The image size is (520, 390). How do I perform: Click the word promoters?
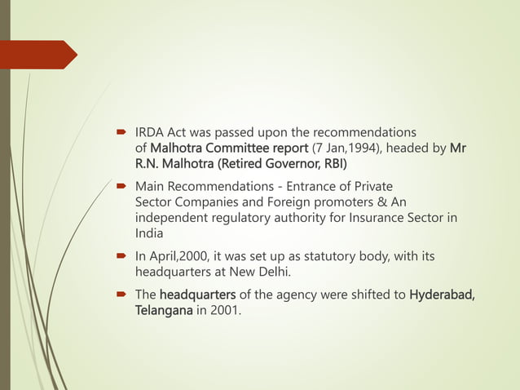[335, 202]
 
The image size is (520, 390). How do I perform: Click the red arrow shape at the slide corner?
[41, 54]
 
